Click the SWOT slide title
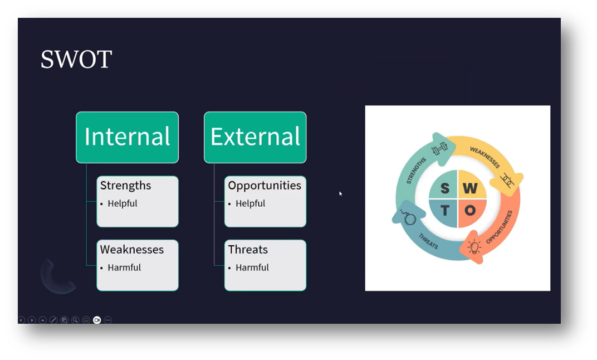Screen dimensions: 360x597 point(76,59)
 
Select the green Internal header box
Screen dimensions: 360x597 point(127,137)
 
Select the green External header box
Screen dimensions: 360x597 point(255,137)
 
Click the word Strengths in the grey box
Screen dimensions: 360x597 point(125,186)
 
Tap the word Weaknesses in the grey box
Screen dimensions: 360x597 point(132,250)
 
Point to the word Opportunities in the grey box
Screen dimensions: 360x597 point(265,186)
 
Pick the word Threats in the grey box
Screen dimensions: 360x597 point(248,250)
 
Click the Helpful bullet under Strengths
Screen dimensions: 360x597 point(123,203)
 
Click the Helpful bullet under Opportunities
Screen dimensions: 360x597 point(250,203)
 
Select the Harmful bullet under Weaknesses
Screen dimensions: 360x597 point(124,267)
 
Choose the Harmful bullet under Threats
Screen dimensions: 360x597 point(252,267)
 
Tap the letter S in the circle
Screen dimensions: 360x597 point(445,188)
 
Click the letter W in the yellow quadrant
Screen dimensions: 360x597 point(471,188)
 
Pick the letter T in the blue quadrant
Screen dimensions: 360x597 point(445,211)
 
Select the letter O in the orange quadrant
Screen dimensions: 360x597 point(471,211)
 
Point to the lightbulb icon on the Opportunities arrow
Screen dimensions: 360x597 point(474,247)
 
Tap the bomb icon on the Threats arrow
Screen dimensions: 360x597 point(410,218)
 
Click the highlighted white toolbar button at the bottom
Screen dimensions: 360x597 point(97,320)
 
